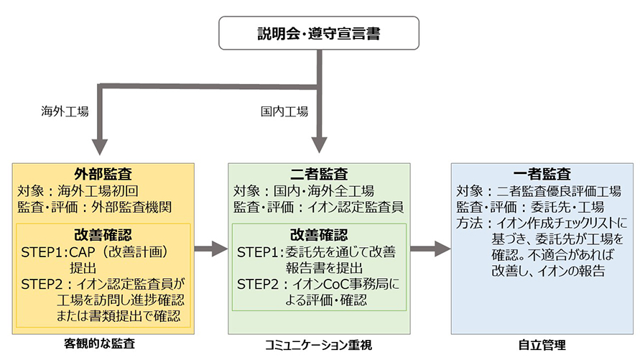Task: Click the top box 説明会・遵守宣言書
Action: point(319,33)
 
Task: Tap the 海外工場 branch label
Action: point(65,111)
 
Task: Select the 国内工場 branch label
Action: point(284,111)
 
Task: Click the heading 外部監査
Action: point(103,174)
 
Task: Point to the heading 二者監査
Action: point(319,174)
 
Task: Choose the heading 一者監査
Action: point(542,174)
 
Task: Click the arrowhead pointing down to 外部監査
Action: point(100,147)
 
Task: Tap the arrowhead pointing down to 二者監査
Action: point(319,145)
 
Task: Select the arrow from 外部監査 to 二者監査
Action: point(211,249)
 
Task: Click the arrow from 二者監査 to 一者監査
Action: point(430,249)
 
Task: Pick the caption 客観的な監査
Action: point(100,343)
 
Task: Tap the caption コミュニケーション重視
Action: point(318,346)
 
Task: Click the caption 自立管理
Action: point(542,346)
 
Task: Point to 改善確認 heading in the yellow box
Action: point(103,235)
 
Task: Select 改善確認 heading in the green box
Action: point(319,235)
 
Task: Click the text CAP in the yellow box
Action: point(82,251)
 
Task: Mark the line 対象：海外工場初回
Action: point(78,190)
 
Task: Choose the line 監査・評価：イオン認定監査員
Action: point(318,207)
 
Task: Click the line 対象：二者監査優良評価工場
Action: point(539,190)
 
